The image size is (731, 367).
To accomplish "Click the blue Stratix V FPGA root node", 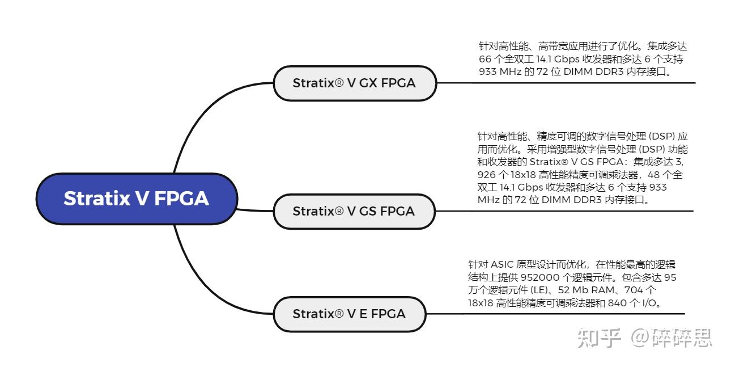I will point(136,198).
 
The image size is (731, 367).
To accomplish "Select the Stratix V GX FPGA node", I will point(354,83).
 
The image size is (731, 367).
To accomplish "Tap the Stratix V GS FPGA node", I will point(354,211).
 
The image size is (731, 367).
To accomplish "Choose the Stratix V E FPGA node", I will point(349,313).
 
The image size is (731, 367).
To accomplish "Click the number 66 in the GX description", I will point(485,59).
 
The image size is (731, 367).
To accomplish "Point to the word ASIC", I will point(502,264).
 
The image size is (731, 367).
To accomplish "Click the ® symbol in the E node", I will point(339,313).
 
